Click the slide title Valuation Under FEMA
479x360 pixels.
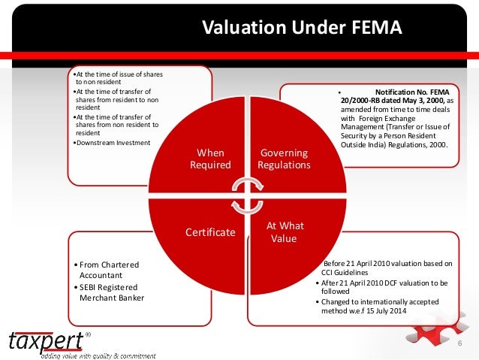tap(303, 29)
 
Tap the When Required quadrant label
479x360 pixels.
tap(210, 159)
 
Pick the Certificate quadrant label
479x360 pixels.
tap(209, 232)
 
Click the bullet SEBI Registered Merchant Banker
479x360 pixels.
tap(107, 292)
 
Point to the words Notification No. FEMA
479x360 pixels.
tap(414, 92)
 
